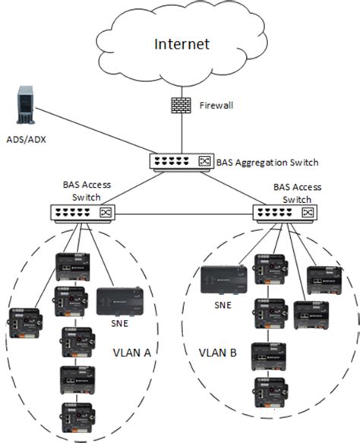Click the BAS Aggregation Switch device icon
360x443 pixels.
coord(180,162)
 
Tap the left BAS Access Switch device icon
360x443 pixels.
coord(81,214)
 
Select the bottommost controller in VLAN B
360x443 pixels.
coord(269,394)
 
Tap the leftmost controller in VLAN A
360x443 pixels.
coord(24,321)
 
